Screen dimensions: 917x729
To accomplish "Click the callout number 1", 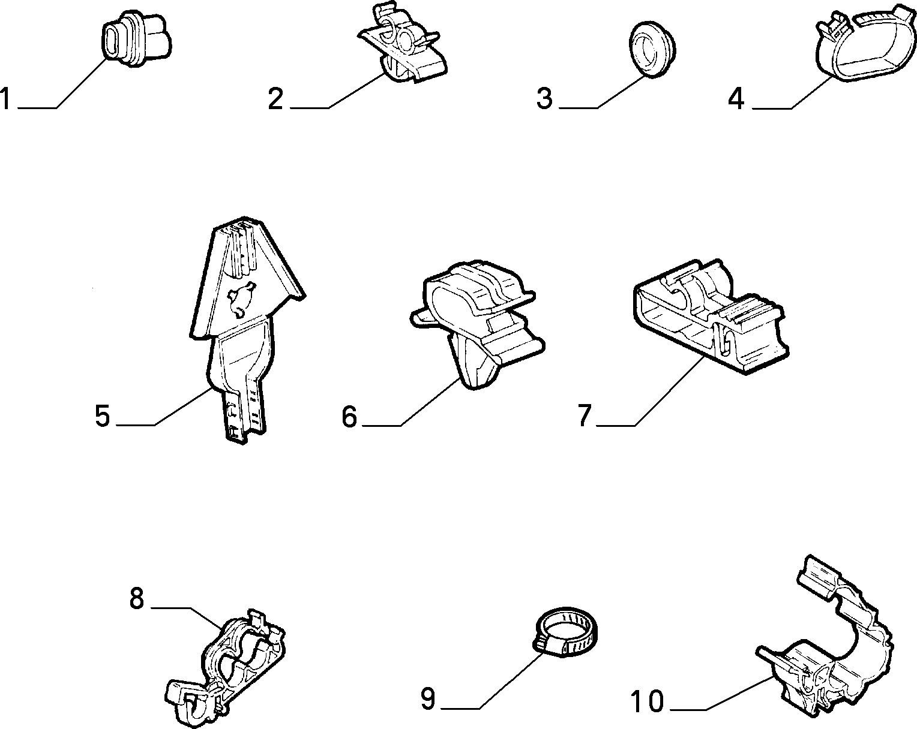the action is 5,99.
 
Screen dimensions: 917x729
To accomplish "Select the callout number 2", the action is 275,99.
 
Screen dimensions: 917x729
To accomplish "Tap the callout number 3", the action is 544,99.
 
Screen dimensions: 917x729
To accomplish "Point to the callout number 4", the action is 736,99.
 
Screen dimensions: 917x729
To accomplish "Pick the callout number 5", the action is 103,415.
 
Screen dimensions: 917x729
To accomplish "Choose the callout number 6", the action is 349,417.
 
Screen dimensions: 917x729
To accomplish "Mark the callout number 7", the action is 585,415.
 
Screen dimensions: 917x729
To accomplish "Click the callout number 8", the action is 137,599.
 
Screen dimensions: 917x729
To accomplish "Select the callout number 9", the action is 428,699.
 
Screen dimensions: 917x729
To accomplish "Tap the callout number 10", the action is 647,701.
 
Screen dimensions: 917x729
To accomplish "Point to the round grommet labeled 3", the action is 652,51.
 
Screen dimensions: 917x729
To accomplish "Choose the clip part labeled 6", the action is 477,324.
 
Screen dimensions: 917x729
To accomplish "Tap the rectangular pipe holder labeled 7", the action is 710,316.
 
